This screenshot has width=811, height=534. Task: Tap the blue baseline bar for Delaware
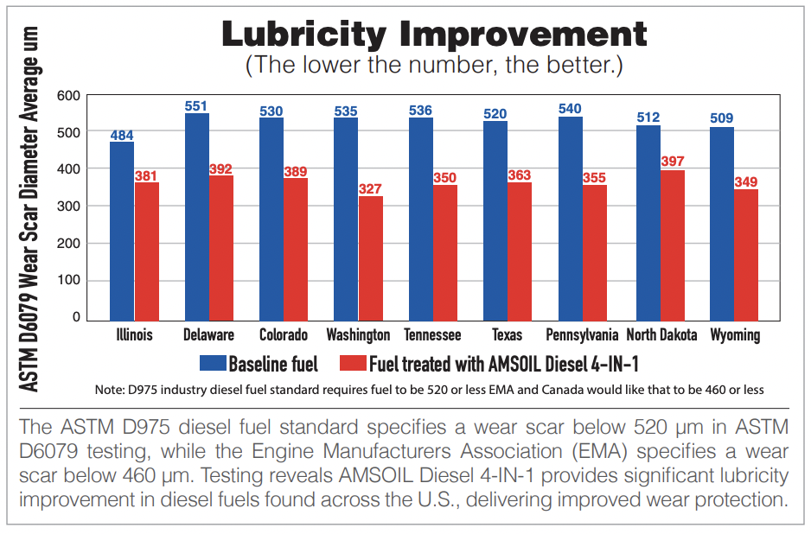coord(197,216)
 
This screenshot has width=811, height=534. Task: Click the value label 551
coord(197,106)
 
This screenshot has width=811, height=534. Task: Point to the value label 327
coord(371,188)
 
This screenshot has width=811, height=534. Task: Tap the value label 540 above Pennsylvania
coord(570,109)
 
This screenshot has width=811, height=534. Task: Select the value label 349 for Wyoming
coord(746,181)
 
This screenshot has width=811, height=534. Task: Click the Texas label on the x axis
coord(507,334)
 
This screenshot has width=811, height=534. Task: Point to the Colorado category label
coord(284,334)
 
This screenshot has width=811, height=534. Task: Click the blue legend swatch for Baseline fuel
coord(212,362)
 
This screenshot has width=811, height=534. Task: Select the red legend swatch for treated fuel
coord(353,362)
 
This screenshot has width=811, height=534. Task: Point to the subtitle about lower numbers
coord(434,66)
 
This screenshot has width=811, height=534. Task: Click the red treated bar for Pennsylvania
coord(595,251)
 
